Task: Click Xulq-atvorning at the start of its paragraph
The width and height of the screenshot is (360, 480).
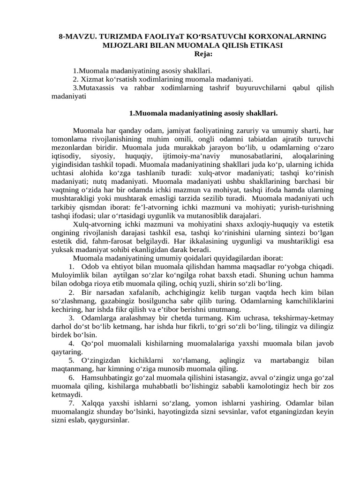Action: [96, 224]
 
